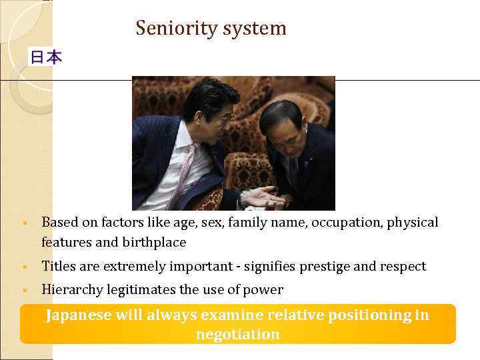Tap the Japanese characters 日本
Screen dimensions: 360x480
45,58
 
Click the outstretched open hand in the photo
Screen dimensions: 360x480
260,197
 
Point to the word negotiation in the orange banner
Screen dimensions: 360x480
237,334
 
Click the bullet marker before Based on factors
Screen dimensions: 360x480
24,223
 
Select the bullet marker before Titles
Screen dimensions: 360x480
24,267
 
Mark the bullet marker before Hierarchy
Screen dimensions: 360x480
24,290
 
